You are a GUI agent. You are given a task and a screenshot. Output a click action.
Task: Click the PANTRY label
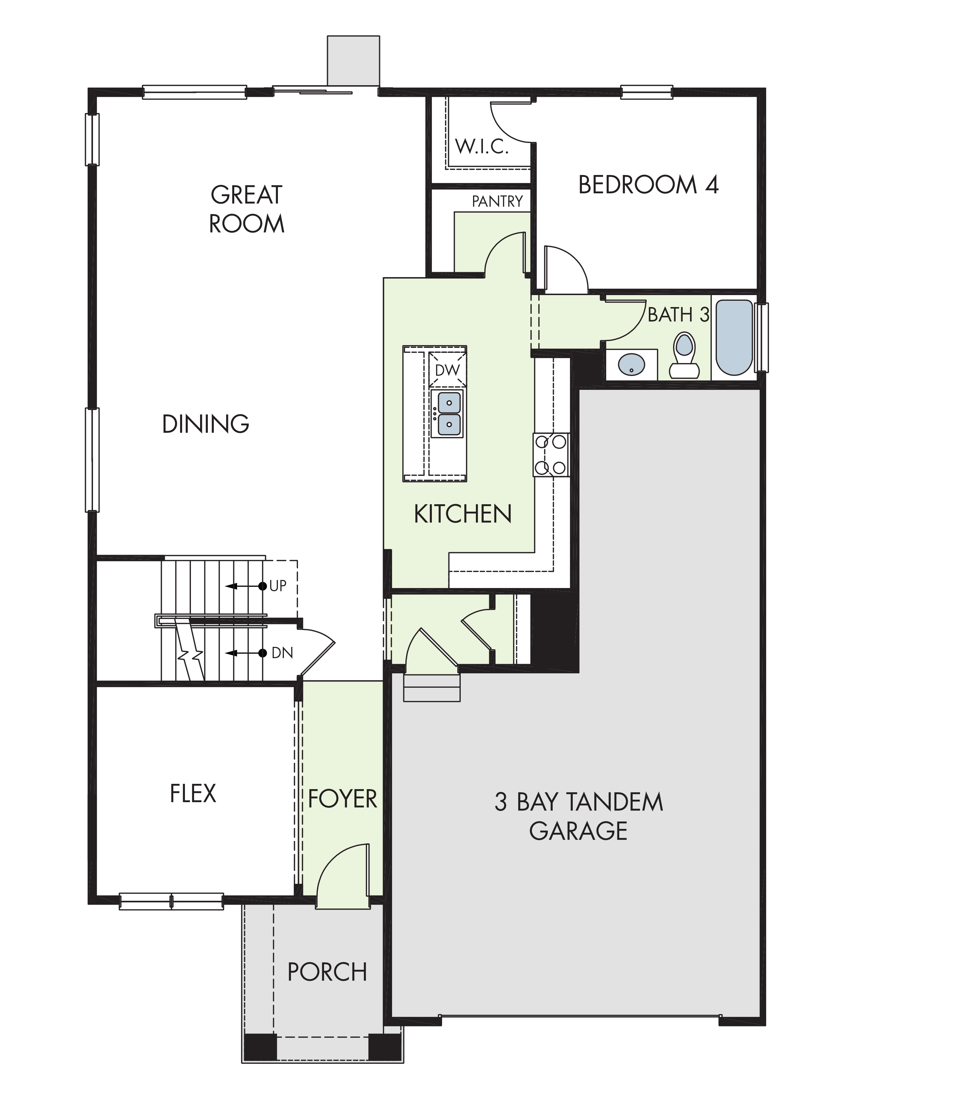(497, 201)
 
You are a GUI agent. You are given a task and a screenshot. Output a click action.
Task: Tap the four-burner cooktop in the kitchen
(551, 455)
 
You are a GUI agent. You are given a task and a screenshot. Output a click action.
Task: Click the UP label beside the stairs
(278, 586)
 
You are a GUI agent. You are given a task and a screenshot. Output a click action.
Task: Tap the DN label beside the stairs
(282, 653)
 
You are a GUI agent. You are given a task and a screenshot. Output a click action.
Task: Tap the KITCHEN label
(462, 514)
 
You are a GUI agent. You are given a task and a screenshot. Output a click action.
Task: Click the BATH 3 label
(678, 314)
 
